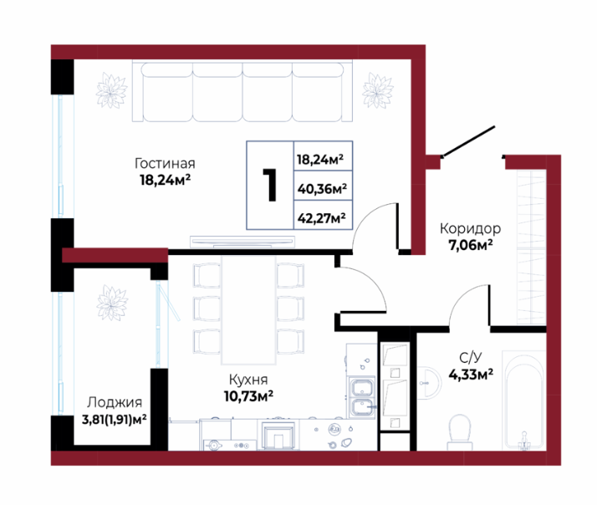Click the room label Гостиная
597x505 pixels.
165,163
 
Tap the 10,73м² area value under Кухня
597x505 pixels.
248,396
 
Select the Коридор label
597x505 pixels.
470,228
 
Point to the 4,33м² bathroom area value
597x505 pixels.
471,375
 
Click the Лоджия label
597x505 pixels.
115,402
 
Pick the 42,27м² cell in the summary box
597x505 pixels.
322,218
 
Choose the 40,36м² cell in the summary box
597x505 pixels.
322,188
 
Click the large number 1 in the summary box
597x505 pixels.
270,185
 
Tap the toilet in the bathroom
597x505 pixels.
460,432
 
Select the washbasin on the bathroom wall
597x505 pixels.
429,383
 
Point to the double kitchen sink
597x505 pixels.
363,397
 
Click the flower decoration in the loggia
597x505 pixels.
112,303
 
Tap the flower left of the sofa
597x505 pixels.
111,90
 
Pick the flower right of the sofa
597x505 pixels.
377,90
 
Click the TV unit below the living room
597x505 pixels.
242,242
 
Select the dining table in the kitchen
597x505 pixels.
248,309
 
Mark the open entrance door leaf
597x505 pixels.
468,141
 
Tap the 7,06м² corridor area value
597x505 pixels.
471,245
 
